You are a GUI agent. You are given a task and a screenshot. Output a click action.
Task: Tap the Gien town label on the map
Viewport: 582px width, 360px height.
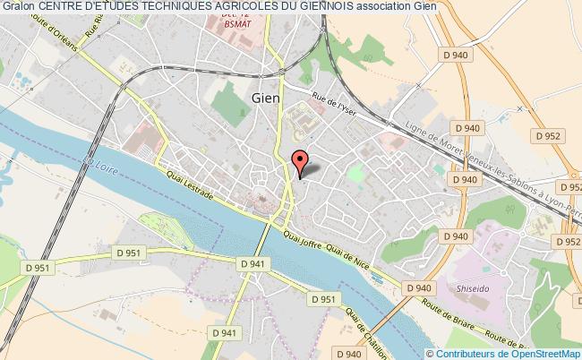266,99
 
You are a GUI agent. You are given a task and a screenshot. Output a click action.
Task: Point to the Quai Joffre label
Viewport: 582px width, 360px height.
303,237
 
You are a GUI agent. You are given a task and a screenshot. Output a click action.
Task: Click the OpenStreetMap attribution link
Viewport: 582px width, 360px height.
538,352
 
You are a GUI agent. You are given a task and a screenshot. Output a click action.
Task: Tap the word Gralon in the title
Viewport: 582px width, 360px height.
18,7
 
